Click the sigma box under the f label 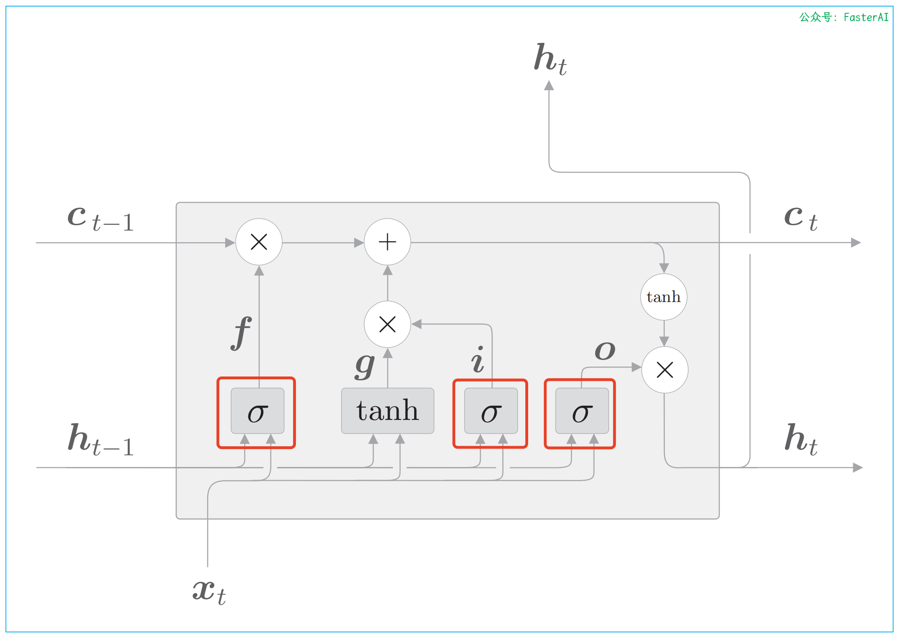[257, 411]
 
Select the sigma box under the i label [490, 411]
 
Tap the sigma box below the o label [582, 411]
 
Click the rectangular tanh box [387, 411]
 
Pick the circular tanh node [663, 297]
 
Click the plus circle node [387, 242]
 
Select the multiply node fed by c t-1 [259, 242]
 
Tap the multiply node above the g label [387, 324]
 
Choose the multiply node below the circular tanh [664, 370]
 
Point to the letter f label [241, 333]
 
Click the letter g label [365, 365]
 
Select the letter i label [478, 360]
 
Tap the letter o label [605, 351]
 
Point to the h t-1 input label [101, 440]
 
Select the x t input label [209, 592]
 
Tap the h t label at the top [550, 59]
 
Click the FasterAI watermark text [843, 17]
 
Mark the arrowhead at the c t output [856, 243]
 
